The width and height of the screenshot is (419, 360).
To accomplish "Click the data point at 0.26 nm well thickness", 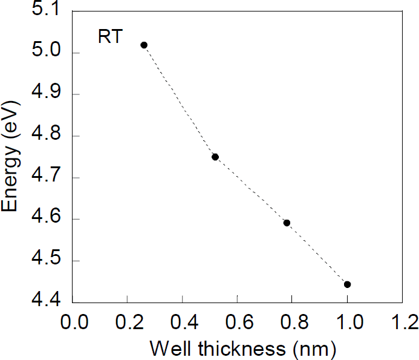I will (x=144, y=45).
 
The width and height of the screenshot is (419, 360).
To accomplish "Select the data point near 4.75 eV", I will (x=215, y=157).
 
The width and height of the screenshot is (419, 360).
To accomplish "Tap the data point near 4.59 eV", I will (x=287, y=223).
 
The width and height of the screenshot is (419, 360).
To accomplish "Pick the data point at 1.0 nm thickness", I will (x=347, y=284).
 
